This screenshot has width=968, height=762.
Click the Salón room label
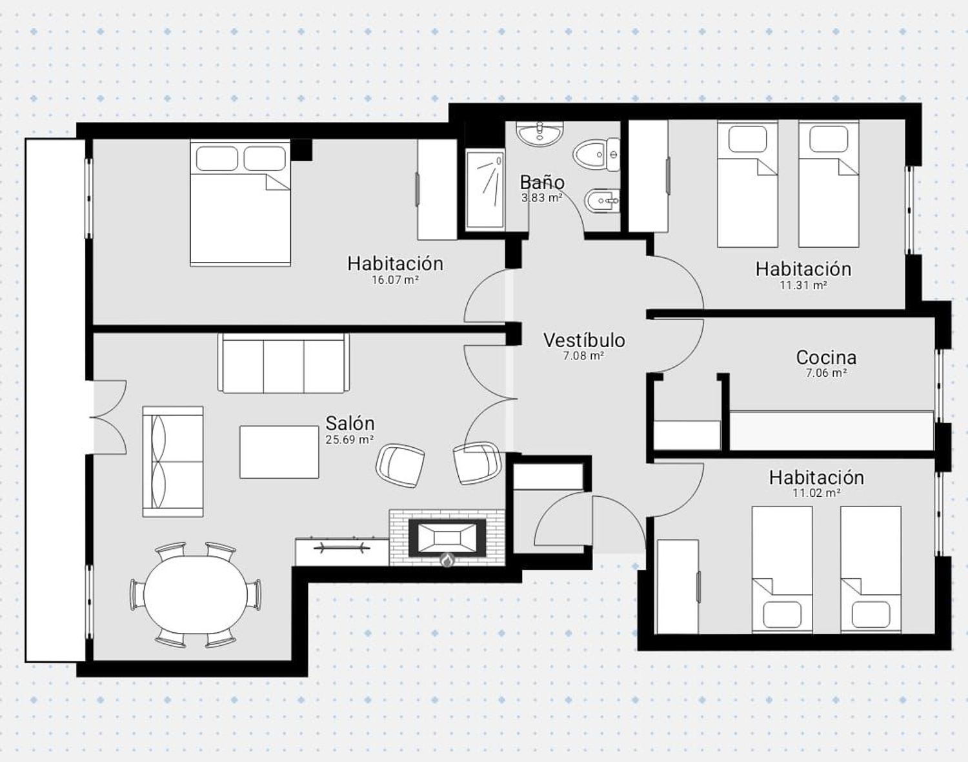(x=350, y=423)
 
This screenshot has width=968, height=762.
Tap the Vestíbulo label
(x=584, y=341)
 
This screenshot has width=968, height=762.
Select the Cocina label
(x=826, y=357)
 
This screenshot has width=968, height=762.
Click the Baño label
(x=542, y=182)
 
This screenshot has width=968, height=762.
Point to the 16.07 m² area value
(x=396, y=280)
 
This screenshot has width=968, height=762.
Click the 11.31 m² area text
(x=803, y=285)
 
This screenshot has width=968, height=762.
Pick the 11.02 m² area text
(x=816, y=493)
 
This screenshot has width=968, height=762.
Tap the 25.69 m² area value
(x=350, y=439)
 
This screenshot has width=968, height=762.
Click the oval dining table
(x=196, y=595)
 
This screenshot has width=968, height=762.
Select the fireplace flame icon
(x=447, y=560)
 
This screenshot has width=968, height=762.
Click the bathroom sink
(x=539, y=134)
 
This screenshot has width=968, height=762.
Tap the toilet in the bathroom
(x=596, y=154)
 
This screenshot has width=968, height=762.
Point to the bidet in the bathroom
(x=602, y=200)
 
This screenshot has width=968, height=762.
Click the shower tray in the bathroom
(x=485, y=190)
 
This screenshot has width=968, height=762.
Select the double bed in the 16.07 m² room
(x=240, y=203)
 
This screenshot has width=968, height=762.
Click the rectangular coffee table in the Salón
(x=279, y=452)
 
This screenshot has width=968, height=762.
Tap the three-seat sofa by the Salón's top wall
(x=283, y=363)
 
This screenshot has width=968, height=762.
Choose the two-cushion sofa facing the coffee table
(x=173, y=461)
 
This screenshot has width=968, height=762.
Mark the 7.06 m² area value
(x=826, y=374)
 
